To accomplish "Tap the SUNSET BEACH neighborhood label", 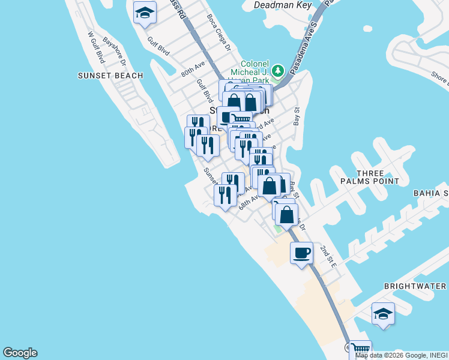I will click(x=110, y=76).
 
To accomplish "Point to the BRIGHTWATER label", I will click(x=415, y=286).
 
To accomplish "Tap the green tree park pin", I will click(x=277, y=71).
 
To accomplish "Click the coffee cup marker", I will click(x=301, y=252).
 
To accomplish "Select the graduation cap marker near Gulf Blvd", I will click(x=145, y=13).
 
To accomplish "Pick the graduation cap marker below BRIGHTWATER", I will click(x=383, y=314).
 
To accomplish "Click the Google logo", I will click(x=20, y=353).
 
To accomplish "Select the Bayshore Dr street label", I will click(x=114, y=52).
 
